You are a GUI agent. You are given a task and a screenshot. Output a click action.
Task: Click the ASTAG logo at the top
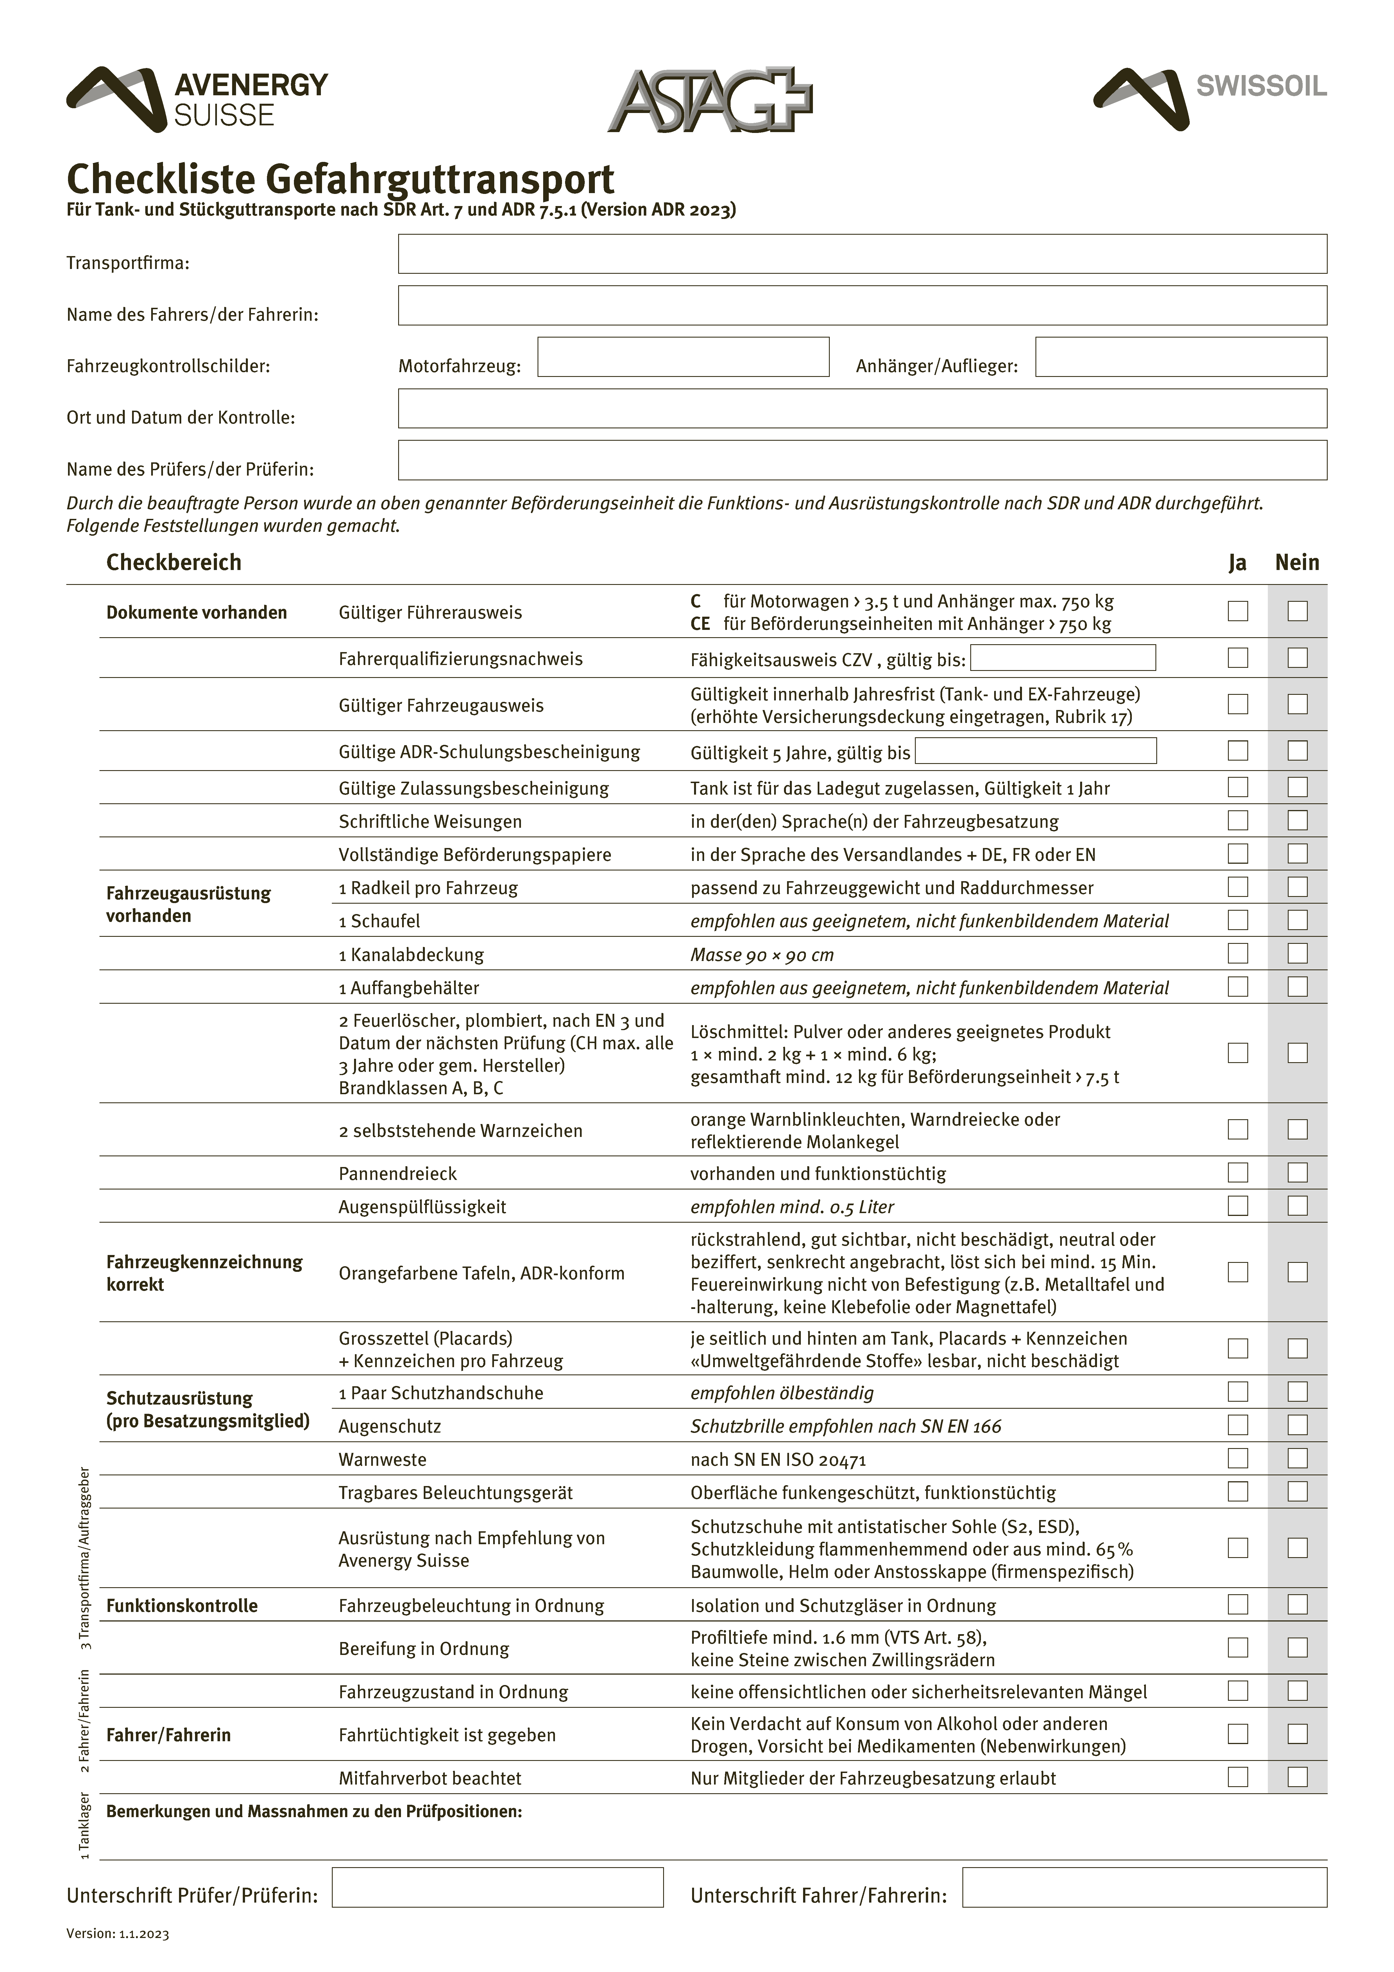(x=710, y=101)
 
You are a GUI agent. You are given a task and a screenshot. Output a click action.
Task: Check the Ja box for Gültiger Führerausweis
(x=1238, y=612)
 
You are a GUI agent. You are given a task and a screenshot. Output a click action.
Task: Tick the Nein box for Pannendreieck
(x=1298, y=1172)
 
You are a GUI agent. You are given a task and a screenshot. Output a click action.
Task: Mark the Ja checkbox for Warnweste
(x=1238, y=1458)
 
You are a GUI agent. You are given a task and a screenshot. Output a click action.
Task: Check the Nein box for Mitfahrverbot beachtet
(x=1298, y=1777)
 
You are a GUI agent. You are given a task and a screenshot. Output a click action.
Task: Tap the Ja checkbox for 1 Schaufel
(x=1238, y=921)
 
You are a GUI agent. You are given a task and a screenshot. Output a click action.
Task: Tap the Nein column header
(x=1297, y=563)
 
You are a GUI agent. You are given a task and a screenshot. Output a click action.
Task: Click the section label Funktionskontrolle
(x=182, y=1606)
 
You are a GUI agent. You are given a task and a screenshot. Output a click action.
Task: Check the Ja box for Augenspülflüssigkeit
(x=1238, y=1206)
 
